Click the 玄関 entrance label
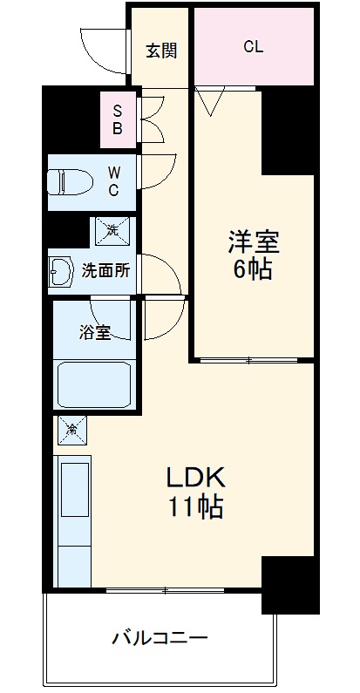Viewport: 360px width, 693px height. click(x=161, y=50)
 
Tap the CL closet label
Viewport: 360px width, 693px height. click(x=253, y=47)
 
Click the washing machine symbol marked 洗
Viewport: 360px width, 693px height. click(x=112, y=231)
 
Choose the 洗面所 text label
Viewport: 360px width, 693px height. click(x=105, y=270)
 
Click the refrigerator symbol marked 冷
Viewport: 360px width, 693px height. click(x=72, y=428)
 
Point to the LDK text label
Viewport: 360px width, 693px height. click(x=197, y=477)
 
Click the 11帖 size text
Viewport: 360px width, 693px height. click(x=197, y=507)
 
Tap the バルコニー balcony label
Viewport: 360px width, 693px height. click(x=160, y=638)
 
